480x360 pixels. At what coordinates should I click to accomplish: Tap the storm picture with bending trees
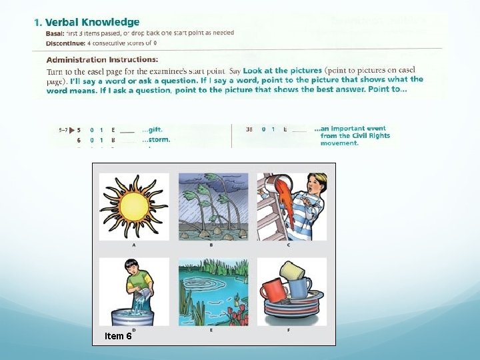point(213,206)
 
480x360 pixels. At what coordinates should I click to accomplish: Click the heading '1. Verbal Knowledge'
point(87,22)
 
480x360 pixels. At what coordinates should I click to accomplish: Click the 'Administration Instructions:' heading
point(102,59)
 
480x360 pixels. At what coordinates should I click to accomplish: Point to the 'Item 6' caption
point(118,336)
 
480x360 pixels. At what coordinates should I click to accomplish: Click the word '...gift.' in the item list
point(152,129)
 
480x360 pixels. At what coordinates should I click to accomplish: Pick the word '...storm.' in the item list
point(156,140)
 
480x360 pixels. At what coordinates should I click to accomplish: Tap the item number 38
point(249,129)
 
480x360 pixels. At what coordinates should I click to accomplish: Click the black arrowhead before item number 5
point(69,130)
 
